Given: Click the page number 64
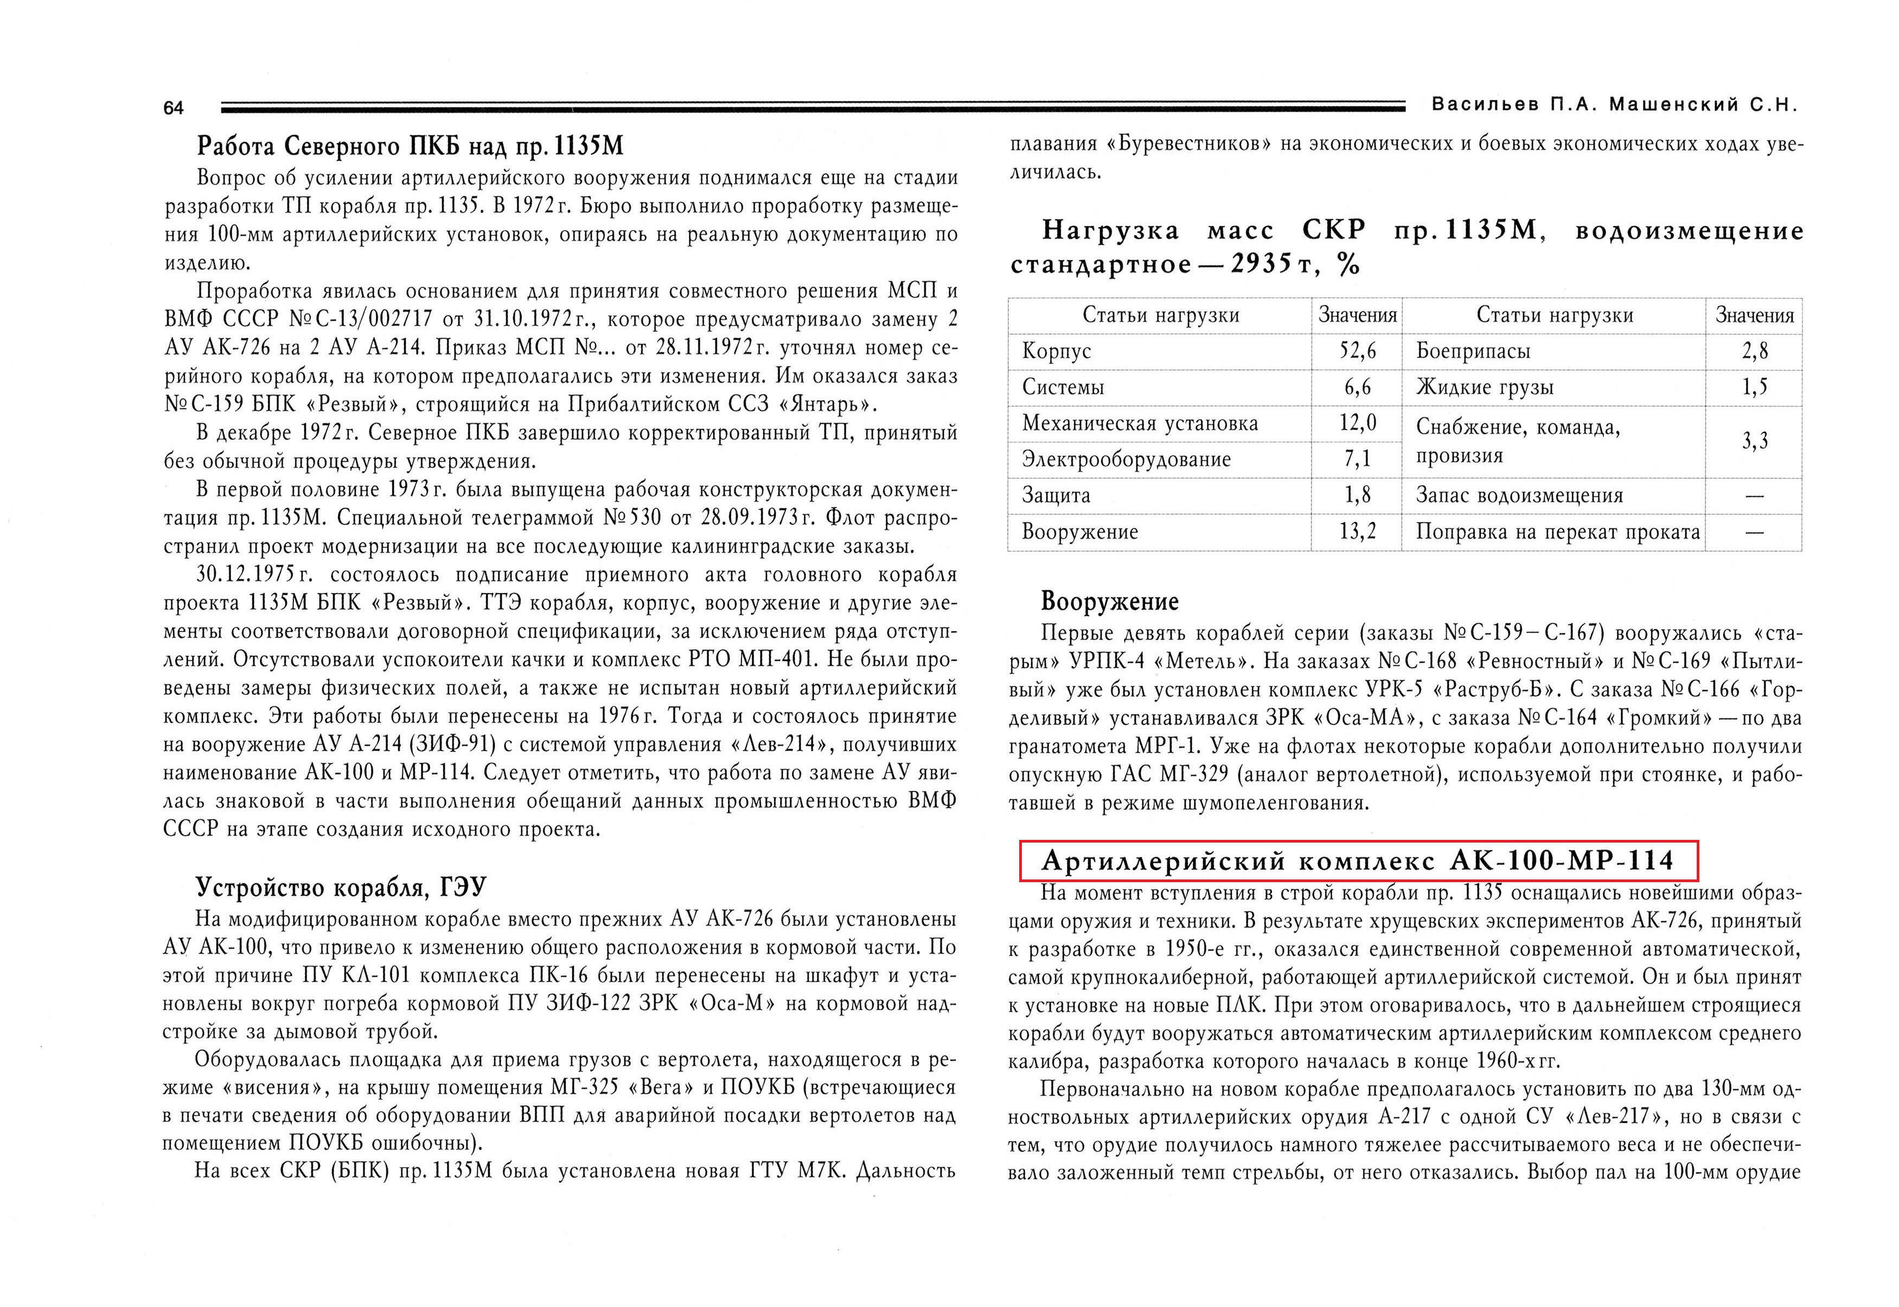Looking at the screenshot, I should [x=174, y=108].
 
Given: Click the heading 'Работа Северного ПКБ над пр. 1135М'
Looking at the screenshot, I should [x=410, y=146].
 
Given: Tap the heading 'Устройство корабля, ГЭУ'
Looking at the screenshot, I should [x=341, y=888].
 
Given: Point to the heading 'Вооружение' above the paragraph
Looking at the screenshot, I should [x=1109, y=602].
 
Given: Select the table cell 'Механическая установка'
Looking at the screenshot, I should [x=1140, y=423].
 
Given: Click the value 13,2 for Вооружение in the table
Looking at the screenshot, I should [x=1357, y=532].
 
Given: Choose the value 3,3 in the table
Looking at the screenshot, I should [x=1754, y=442].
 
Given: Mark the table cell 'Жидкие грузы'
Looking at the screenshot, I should [x=1484, y=387].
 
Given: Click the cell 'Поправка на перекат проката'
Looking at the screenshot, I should [x=1558, y=532].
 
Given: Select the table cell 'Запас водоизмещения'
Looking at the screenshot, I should [x=1519, y=495].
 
